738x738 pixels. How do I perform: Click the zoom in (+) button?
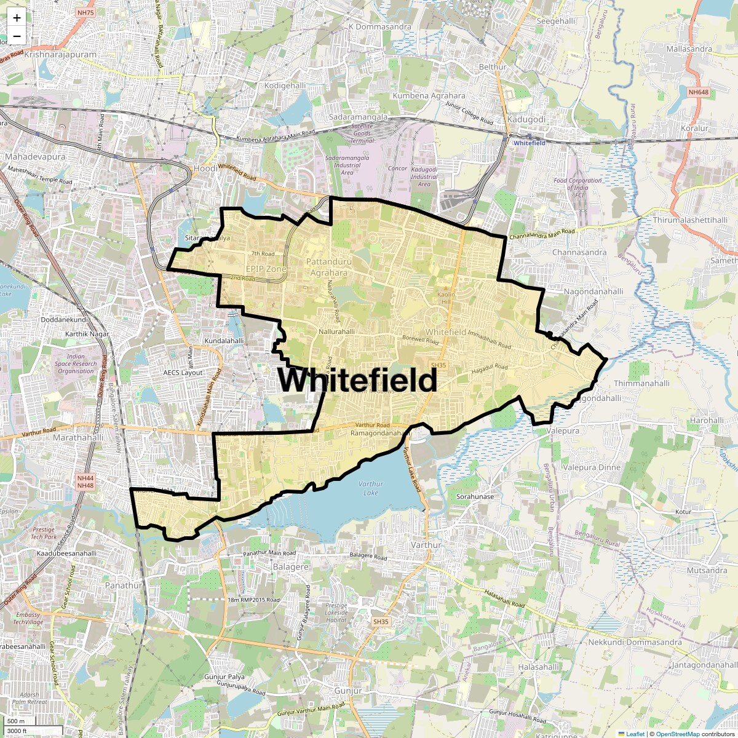tap(17, 18)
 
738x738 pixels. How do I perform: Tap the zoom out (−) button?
tap(17, 36)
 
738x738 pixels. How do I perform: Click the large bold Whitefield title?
tap(357, 380)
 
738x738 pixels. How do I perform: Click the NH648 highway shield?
tap(698, 92)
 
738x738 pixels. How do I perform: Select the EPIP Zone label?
tap(266, 269)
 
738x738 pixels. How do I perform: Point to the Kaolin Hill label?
tap(445, 298)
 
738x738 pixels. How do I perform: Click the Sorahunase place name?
tap(475, 496)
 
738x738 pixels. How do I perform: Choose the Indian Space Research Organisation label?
tap(76, 363)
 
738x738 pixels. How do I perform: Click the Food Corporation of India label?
tap(577, 184)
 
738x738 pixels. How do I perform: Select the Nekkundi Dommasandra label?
tap(634, 643)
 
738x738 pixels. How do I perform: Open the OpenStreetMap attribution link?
tap(677, 734)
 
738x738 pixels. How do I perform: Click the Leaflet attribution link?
tap(635, 734)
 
